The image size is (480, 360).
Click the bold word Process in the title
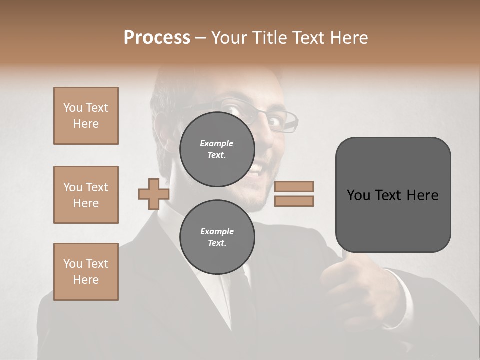tap(157, 38)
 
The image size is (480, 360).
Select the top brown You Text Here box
tap(86, 116)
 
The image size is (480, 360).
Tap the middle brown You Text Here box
tap(86, 195)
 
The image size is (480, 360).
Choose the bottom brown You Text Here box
tap(86, 272)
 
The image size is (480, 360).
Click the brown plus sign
tap(153, 194)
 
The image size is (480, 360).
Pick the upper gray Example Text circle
tap(217, 149)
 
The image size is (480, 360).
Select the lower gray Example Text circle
tap(217, 237)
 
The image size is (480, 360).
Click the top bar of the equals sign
tap(294, 187)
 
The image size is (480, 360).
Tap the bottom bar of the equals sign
tap(294, 201)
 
